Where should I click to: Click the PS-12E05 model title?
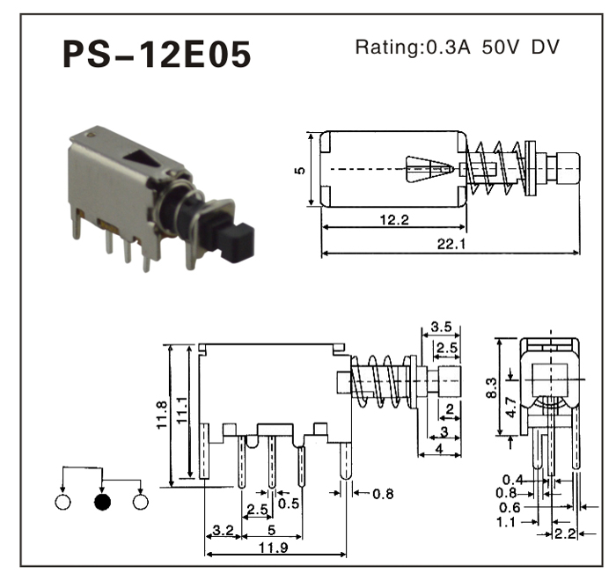[157, 54]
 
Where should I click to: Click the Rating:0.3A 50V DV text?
[457, 47]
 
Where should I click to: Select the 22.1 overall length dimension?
[450, 242]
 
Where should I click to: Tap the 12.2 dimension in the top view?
[392, 220]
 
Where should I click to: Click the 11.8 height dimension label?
[161, 413]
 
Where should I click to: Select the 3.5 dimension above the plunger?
[442, 327]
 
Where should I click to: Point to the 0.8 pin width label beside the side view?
[383, 494]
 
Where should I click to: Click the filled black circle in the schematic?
[101, 503]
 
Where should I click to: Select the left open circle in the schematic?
[62, 503]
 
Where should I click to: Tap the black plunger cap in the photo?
[237, 240]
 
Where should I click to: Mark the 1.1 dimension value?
[506, 521]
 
